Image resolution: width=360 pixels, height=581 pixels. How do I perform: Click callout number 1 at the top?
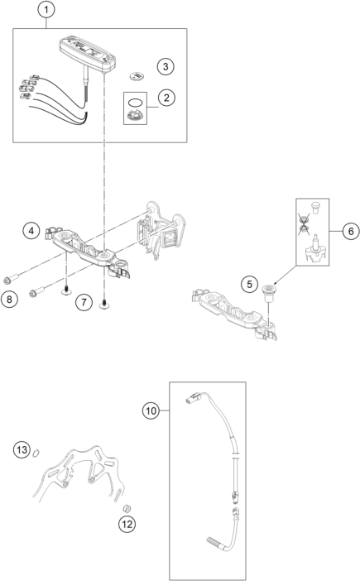46,10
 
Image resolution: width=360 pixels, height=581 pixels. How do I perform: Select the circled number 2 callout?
166,98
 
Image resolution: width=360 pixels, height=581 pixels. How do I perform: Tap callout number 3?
166,67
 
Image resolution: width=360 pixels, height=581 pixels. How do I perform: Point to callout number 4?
31,231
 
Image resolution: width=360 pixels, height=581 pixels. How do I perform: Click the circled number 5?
249,284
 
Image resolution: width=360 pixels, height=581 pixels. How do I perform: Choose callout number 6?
350,231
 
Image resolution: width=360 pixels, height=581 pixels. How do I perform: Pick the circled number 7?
84,302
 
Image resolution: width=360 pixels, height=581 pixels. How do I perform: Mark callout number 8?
9,299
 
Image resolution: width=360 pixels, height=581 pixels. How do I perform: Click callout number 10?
151,411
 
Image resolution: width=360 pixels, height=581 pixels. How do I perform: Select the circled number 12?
127,525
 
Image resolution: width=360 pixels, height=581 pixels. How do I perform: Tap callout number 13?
22,450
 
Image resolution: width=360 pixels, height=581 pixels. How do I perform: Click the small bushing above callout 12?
127,508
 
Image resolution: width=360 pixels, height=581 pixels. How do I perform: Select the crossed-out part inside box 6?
304,224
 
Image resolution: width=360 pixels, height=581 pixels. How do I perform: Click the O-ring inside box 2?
135,101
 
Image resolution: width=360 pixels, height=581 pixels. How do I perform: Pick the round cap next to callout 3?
137,76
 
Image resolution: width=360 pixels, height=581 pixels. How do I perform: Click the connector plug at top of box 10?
194,398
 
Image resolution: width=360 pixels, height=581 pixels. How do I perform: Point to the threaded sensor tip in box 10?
214,542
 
